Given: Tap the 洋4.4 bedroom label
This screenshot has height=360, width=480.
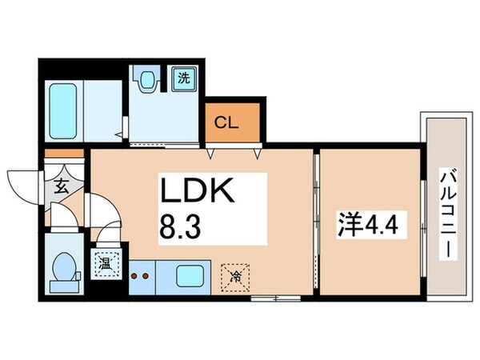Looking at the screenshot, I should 370,218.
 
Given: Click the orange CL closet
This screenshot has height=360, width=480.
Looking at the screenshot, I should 231,122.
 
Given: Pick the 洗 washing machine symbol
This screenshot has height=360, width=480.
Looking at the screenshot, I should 182,78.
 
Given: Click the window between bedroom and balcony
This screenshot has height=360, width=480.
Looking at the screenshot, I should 421,220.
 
